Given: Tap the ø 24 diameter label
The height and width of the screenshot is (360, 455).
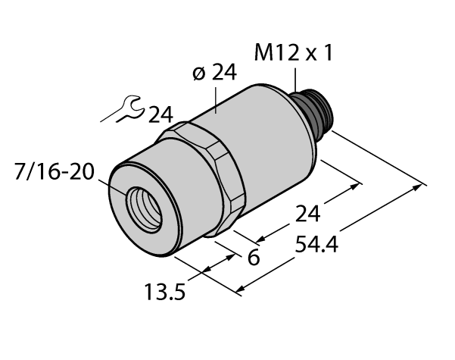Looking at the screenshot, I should (x=213, y=74).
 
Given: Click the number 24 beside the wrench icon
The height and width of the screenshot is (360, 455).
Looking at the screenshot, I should (x=160, y=115).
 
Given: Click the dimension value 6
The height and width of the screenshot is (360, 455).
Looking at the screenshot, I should (x=254, y=258).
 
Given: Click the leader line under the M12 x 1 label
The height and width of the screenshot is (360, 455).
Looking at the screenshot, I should (x=295, y=79).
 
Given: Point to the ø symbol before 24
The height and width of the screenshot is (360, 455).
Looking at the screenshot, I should (x=198, y=74).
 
